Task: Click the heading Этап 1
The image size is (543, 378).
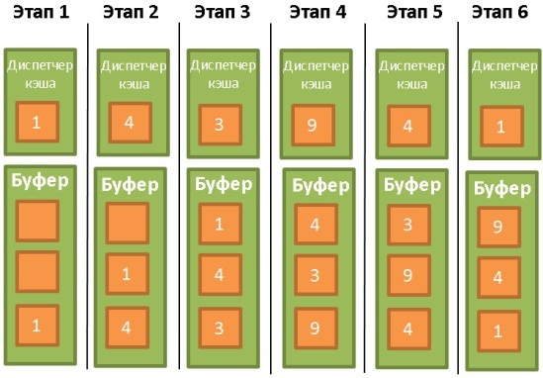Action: click(42, 12)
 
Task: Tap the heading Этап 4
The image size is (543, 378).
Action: click(317, 12)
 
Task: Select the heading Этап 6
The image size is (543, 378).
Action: click(500, 12)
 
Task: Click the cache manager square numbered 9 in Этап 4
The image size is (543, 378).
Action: click(314, 125)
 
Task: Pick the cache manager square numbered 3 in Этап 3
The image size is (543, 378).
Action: click(221, 125)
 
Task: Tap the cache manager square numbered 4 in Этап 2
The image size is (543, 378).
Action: click(131, 123)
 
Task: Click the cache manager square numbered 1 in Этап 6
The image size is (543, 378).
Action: click(501, 127)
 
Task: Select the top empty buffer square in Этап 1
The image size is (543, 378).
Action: click(38, 221)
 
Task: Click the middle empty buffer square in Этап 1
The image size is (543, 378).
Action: click(38, 272)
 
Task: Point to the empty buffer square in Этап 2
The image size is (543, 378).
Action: click(128, 223)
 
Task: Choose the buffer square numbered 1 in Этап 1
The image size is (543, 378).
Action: click(38, 326)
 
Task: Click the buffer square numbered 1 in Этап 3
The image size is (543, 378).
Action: click(221, 224)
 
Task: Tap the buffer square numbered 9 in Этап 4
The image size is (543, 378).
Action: click(317, 329)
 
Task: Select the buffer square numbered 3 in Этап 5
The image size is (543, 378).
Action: click(409, 225)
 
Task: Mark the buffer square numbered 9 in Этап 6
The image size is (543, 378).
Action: click(499, 228)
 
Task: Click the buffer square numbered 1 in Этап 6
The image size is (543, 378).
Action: click(499, 331)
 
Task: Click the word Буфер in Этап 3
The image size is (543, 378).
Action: click(224, 184)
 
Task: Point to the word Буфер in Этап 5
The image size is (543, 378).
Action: click(412, 185)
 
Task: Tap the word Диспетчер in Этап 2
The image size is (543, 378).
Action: click(134, 66)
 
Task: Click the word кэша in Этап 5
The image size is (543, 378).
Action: click(412, 84)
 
